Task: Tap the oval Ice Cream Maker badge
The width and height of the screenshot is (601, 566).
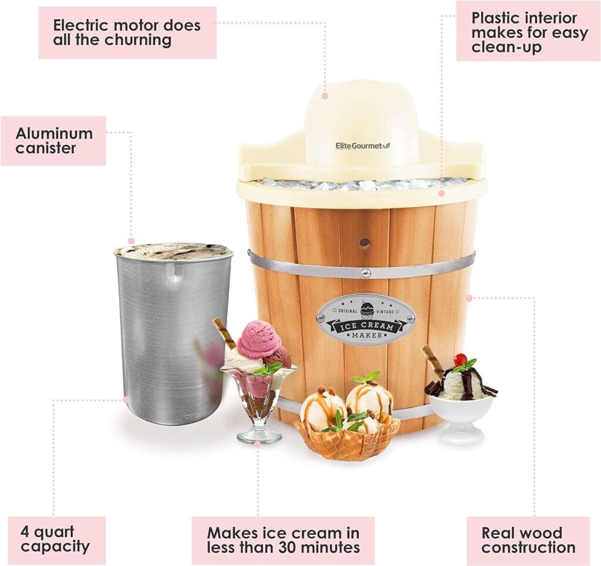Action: pyautogui.click(x=366, y=319)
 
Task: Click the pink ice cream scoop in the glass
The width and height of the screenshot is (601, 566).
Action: pyautogui.click(x=258, y=340)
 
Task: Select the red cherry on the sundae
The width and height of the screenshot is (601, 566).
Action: pyautogui.click(x=460, y=360)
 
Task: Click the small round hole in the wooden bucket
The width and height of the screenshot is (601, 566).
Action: pyautogui.click(x=364, y=242)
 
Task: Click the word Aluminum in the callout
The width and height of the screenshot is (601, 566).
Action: pyautogui.click(x=54, y=133)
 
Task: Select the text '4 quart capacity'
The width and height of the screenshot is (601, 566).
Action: pyautogui.click(x=56, y=540)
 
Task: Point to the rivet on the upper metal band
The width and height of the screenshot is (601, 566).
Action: pyautogui.click(x=365, y=272)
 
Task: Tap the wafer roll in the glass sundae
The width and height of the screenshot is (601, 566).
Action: pyautogui.click(x=224, y=331)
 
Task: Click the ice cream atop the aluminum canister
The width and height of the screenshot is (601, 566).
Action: pyautogui.click(x=173, y=250)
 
